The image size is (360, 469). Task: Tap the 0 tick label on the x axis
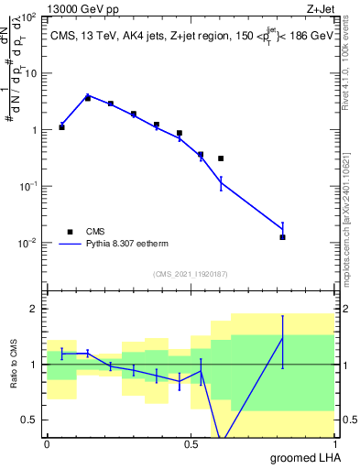point(47,443)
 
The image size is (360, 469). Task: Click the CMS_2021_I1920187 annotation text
point(190,274)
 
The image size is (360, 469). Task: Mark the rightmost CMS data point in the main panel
point(282,237)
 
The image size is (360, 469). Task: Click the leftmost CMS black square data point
point(61,127)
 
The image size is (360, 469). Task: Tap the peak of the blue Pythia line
point(88,95)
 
